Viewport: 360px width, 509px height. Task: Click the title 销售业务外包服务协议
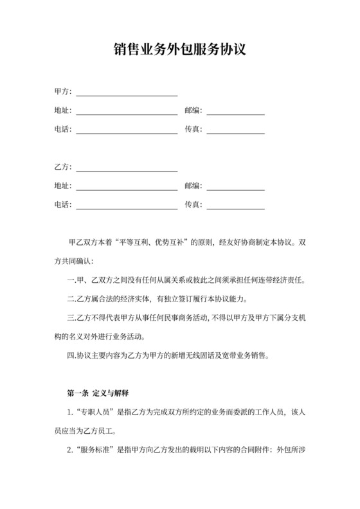click(x=180, y=49)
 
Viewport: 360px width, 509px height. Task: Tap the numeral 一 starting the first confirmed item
click(x=71, y=281)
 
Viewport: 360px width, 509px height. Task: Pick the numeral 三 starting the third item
click(x=71, y=317)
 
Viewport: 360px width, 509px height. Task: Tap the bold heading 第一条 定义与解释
click(x=98, y=392)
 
